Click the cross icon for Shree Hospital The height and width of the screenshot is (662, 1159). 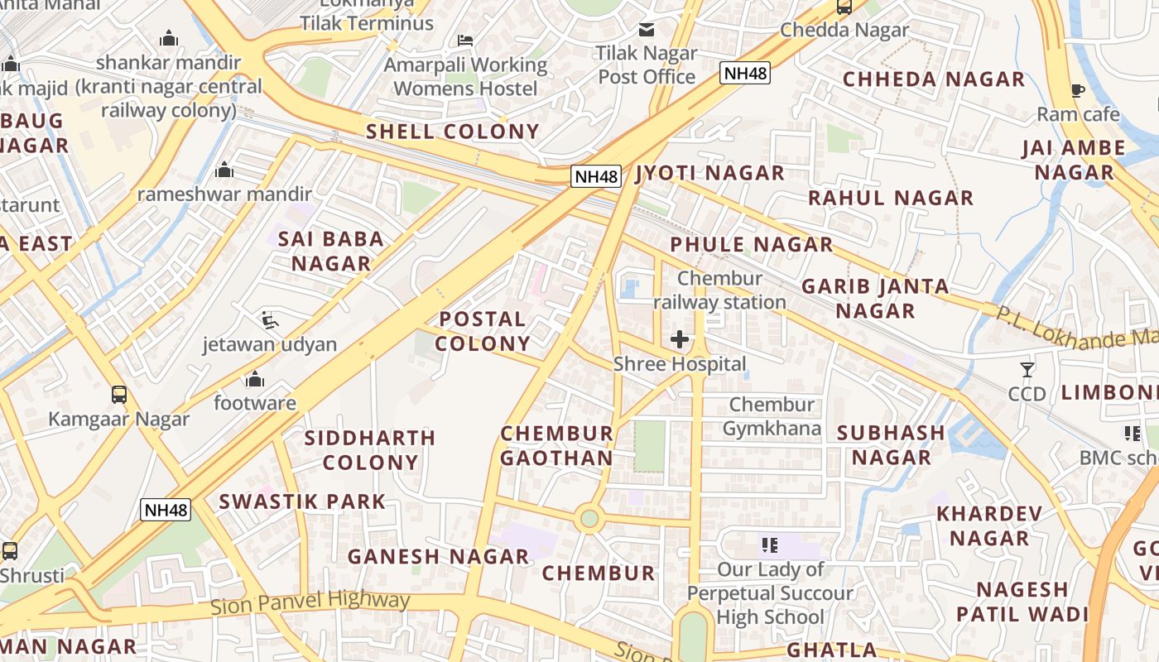tap(680, 339)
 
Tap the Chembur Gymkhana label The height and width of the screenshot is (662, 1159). tap(772, 416)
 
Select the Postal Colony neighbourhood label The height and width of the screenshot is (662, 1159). tap(483, 331)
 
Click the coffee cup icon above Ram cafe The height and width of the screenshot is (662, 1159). tap(1077, 90)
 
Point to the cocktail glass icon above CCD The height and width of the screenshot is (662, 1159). tap(1027, 370)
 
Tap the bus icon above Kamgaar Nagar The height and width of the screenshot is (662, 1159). tap(119, 395)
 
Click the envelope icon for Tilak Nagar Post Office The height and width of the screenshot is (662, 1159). tap(647, 30)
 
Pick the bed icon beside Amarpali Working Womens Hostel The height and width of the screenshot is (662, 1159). tap(465, 40)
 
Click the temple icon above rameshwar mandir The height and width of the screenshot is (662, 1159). tap(224, 170)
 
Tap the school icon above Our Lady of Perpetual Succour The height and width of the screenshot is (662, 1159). tap(770, 545)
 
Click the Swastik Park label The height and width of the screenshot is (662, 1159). tap(302, 501)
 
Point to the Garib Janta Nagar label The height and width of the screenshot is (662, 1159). tap(875, 299)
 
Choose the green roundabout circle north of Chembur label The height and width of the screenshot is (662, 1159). tap(589, 519)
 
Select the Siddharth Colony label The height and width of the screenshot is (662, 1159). tap(370, 450)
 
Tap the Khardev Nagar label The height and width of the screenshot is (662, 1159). tap(989, 525)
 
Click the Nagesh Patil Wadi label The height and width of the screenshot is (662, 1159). tap(1022, 602)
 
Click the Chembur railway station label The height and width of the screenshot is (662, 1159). tap(719, 290)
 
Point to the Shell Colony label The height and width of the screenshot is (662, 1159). tap(453, 132)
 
